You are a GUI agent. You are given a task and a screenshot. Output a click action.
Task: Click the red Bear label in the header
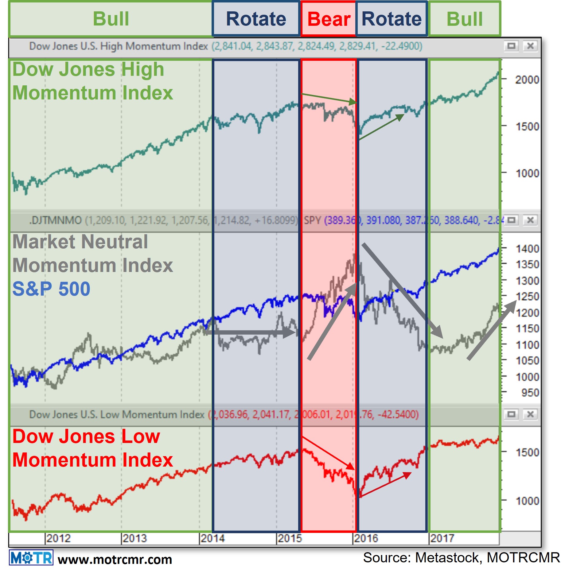click(329, 19)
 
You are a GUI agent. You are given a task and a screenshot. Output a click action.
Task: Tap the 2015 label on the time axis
click(289, 538)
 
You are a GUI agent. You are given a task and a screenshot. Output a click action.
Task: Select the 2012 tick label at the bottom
click(58, 538)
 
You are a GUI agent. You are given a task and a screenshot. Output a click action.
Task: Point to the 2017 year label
click(442, 538)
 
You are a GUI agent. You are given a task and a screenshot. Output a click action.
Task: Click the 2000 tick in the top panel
click(527, 80)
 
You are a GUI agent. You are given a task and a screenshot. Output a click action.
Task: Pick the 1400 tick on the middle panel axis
click(527, 249)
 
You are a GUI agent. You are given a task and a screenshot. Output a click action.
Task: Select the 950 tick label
click(530, 393)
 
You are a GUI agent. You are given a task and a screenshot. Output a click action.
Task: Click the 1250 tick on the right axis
click(527, 297)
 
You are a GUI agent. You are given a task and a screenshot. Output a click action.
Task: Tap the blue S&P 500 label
click(51, 289)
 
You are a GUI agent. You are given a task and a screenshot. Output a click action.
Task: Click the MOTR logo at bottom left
click(31, 558)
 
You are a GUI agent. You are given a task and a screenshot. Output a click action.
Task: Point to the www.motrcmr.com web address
click(115, 560)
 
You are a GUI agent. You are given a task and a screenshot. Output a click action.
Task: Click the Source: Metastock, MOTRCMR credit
click(461, 557)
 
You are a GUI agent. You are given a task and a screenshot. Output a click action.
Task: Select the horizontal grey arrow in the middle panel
click(250, 332)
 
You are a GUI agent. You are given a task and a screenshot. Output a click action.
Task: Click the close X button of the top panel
click(530, 46)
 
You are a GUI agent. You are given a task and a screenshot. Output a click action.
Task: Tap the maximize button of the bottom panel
click(511, 414)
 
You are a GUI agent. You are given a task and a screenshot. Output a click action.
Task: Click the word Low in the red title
click(141, 436)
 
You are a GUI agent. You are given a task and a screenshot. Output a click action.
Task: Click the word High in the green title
click(142, 69)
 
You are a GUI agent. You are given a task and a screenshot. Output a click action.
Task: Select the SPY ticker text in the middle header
click(312, 220)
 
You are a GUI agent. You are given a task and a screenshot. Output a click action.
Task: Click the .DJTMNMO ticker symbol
click(55, 220)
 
